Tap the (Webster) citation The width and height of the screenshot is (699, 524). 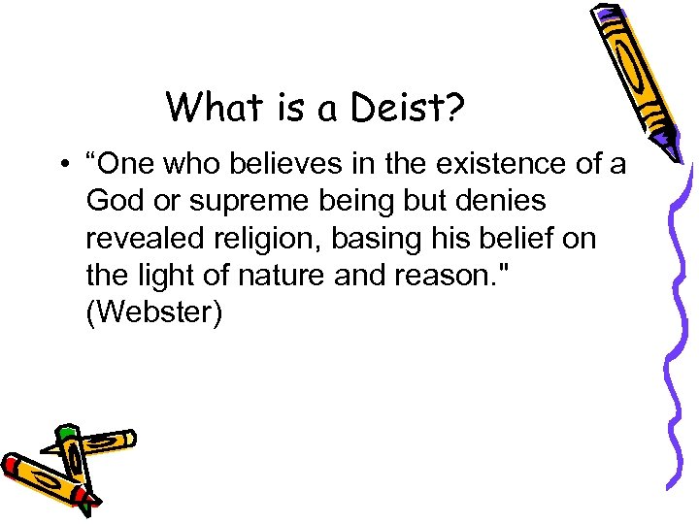[153, 313]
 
